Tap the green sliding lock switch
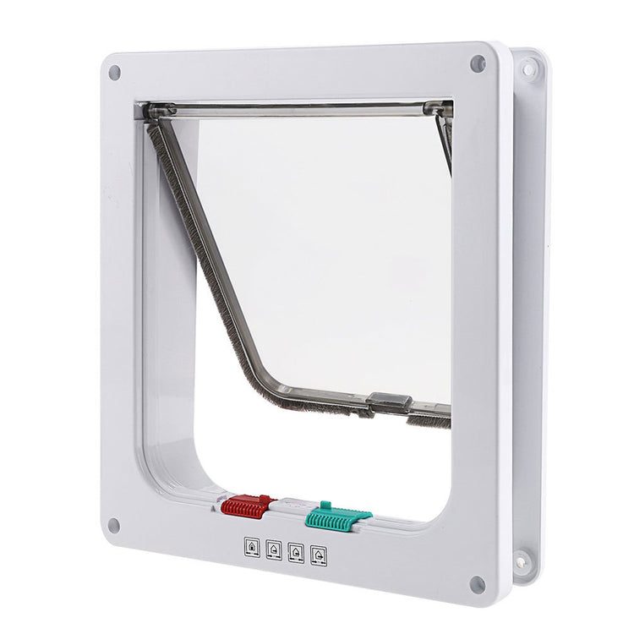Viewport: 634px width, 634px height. tap(337, 516)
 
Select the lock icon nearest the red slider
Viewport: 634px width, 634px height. tap(251, 545)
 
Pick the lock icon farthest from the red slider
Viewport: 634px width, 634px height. tap(318, 555)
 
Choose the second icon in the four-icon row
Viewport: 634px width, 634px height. tap(273, 549)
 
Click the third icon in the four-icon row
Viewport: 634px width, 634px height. tap(296, 551)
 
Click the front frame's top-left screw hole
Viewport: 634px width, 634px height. tap(115, 73)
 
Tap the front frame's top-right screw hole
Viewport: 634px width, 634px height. tap(478, 63)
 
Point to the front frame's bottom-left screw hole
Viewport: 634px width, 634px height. tap(114, 525)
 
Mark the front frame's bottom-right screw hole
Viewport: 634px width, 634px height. tap(477, 583)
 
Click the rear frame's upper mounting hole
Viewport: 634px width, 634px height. tap(527, 68)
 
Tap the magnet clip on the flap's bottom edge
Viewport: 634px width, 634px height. tap(391, 404)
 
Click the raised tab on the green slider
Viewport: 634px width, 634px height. tap(325, 505)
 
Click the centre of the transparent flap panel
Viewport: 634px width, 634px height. tap(330, 254)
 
